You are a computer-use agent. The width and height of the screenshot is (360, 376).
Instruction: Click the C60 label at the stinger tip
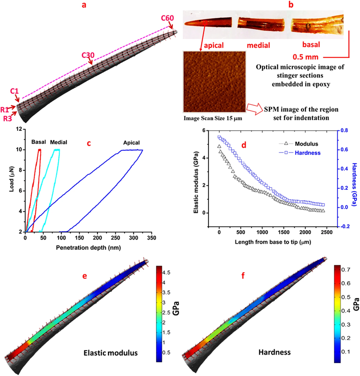click(x=167, y=18)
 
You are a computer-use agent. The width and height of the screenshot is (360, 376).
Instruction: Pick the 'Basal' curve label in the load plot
click(x=38, y=141)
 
